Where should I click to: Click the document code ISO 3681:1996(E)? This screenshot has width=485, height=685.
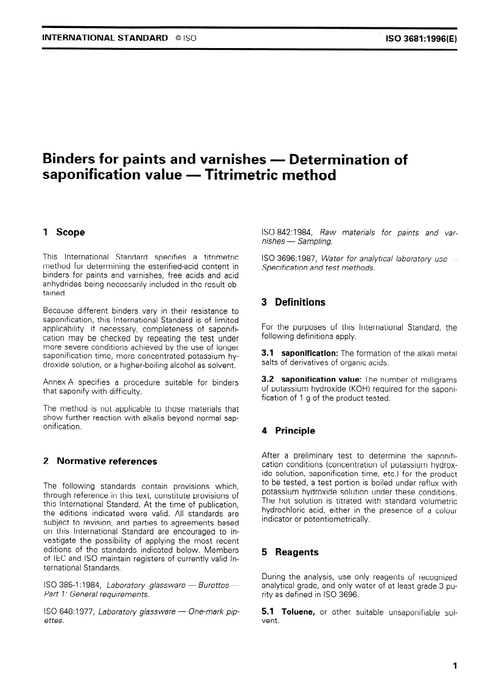point(418,38)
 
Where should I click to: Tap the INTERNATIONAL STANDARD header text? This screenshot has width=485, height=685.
point(105,38)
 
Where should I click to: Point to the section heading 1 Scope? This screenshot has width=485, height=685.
point(64,232)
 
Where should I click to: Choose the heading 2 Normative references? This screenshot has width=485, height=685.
point(100,461)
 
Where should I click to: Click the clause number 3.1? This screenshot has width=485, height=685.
point(267,354)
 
